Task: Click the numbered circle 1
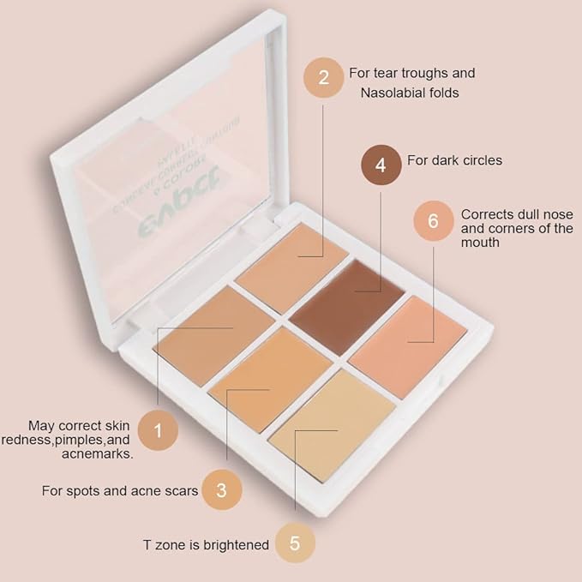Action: point(157,430)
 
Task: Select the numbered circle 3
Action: point(221,491)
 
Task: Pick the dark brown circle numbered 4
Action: point(381,165)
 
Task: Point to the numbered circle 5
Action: point(294,543)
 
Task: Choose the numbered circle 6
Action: point(433,221)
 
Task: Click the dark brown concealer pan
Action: point(346,296)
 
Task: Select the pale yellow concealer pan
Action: point(332,423)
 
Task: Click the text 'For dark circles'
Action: point(454,160)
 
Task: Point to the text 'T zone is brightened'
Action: point(206,544)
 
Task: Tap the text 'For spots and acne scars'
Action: point(120,492)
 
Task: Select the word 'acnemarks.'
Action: point(96,454)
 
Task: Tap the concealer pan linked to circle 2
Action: point(291,255)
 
